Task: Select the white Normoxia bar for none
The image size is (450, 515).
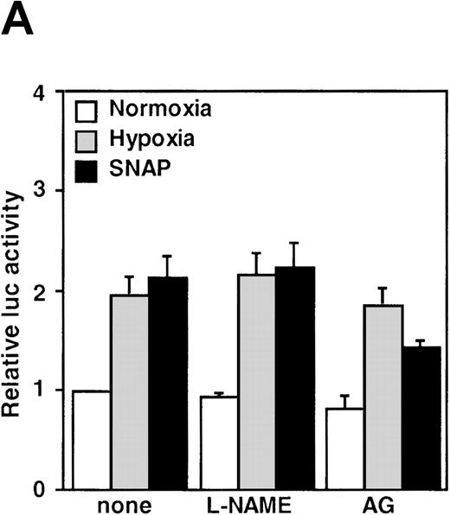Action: (91, 440)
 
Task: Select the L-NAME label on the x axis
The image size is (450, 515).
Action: (257, 505)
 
